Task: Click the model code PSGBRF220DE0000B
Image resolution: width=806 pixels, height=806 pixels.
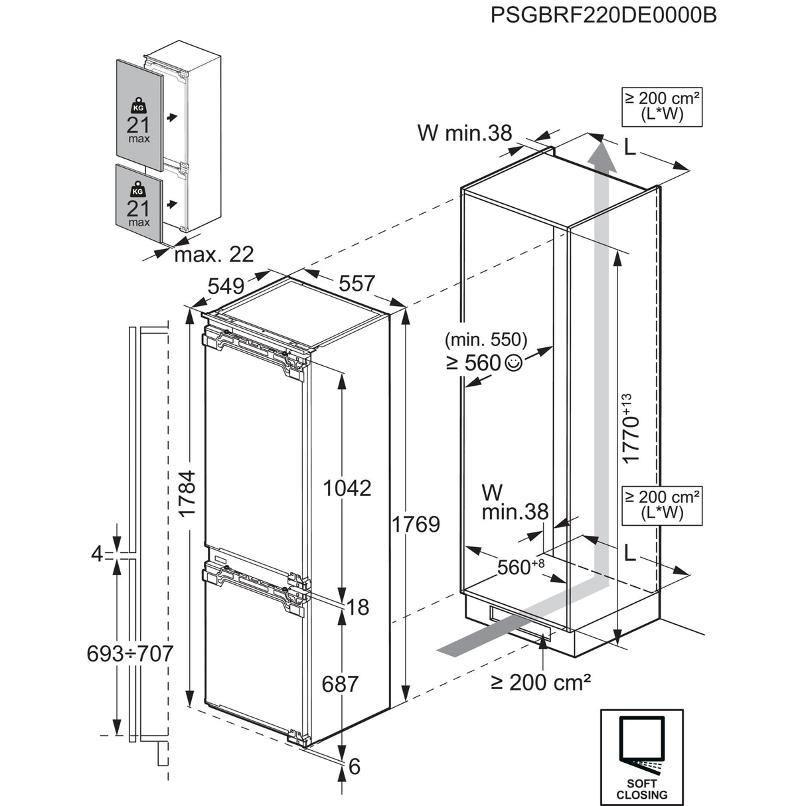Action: (603, 15)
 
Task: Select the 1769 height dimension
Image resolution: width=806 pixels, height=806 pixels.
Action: (415, 524)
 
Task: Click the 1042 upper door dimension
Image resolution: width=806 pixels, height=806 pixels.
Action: (347, 488)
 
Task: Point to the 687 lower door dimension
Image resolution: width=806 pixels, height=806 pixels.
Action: (340, 683)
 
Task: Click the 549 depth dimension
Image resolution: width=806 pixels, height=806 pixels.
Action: (226, 287)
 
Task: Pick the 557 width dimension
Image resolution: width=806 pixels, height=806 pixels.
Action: (357, 283)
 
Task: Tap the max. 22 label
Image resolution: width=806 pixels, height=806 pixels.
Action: (214, 254)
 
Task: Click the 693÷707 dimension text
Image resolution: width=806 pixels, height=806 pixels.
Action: (130, 653)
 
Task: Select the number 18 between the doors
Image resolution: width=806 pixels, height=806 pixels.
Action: (358, 607)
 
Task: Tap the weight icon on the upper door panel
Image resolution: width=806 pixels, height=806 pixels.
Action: (138, 106)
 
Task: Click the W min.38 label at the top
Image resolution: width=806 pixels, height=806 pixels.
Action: (465, 133)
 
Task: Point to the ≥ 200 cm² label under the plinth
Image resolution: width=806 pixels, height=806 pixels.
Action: (540, 682)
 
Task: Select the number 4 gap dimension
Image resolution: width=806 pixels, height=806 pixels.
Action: (98, 553)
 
